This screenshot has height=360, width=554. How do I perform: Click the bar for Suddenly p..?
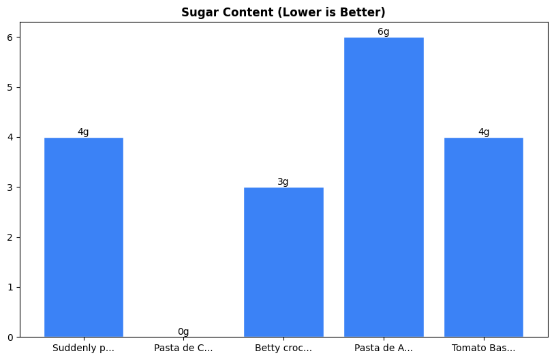83,237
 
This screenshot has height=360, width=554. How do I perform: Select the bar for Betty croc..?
283,262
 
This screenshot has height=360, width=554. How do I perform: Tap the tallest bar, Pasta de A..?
384,187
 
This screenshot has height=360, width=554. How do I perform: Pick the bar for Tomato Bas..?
484,237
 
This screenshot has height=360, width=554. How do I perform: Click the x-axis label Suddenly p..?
83,348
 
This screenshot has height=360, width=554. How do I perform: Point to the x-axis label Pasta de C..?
183,348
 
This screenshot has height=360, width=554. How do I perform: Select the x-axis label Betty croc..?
283,348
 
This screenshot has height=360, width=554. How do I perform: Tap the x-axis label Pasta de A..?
384,348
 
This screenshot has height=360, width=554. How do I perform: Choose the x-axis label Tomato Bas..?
484,348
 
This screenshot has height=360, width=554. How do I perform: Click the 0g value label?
183,332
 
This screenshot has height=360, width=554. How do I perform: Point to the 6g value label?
384,32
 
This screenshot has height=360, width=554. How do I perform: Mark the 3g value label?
283,182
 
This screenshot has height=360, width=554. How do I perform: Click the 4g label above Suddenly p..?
83,132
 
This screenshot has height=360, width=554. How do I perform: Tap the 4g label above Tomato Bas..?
484,132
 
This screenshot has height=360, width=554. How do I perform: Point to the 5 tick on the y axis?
10,87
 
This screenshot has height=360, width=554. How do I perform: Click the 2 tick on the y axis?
10,237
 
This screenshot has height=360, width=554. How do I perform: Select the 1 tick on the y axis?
10,287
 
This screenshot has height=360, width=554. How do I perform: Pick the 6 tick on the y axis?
10,37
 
